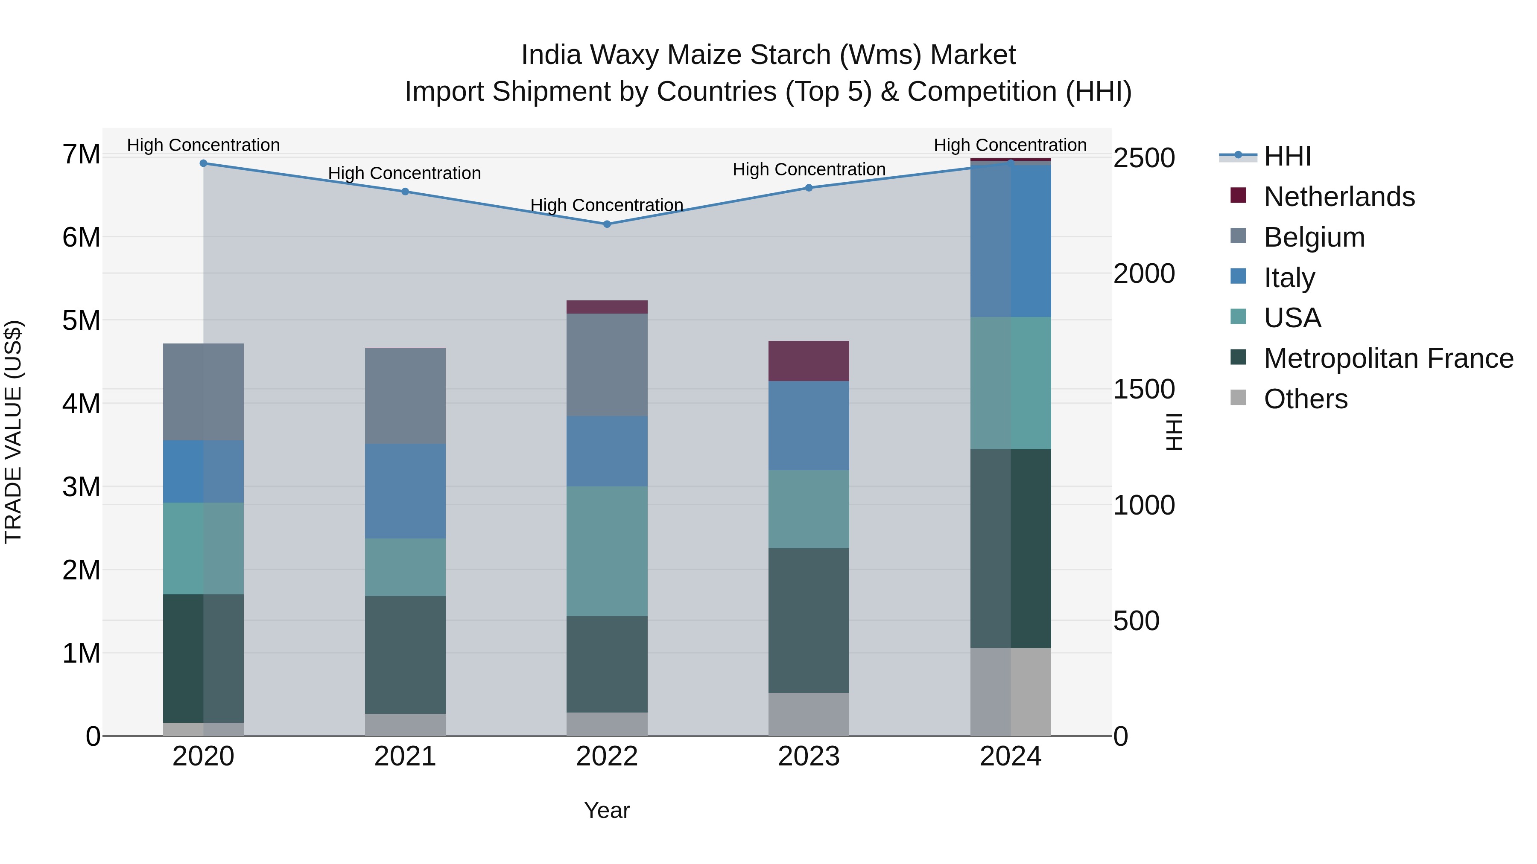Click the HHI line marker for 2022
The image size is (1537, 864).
pos(607,224)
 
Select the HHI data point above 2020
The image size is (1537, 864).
pos(204,163)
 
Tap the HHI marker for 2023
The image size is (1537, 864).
pos(809,188)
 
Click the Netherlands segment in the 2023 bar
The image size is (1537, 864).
pos(809,361)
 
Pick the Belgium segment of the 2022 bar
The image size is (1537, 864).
pos(607,365)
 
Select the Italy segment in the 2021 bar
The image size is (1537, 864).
pos(405,492)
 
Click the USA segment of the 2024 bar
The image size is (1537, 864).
pos(1011,384)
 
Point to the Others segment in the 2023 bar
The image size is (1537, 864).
pos(809,714)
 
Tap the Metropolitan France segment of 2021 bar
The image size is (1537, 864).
pos(405,655)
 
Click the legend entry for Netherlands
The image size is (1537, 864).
pos(1339,197)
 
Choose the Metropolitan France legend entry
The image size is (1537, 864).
pos(1388,358)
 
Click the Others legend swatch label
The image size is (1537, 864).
pos(1306,399)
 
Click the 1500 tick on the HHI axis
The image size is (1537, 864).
pos(1144,390)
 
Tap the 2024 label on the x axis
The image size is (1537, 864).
pos(1011,756)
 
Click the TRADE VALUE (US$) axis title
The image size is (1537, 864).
pos(14,432)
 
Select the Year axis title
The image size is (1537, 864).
pos(607,810)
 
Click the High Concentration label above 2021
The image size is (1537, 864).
pos(405,174)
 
